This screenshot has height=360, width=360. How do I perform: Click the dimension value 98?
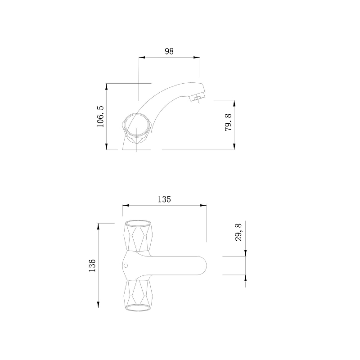(169, 51)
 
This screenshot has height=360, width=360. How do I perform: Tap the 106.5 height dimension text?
(100, 117)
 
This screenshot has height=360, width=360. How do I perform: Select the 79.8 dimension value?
(228, 122)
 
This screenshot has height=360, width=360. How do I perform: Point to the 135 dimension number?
(164, 199)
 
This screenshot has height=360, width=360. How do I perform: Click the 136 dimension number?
(92, 265)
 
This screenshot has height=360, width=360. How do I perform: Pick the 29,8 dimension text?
(238, 232)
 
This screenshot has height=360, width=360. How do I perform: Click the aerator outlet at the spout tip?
(197, 98)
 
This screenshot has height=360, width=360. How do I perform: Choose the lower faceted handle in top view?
(138, 296)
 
